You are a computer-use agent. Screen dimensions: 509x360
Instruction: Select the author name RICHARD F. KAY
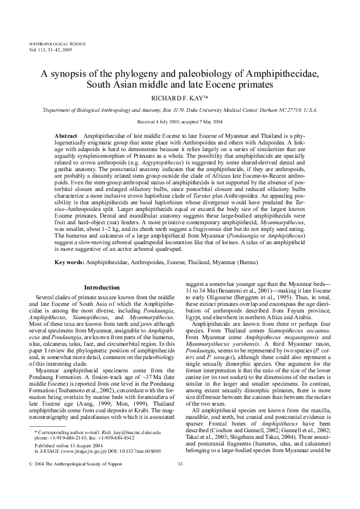pos(178,96)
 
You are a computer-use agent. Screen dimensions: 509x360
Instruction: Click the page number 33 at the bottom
pos(180,481)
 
